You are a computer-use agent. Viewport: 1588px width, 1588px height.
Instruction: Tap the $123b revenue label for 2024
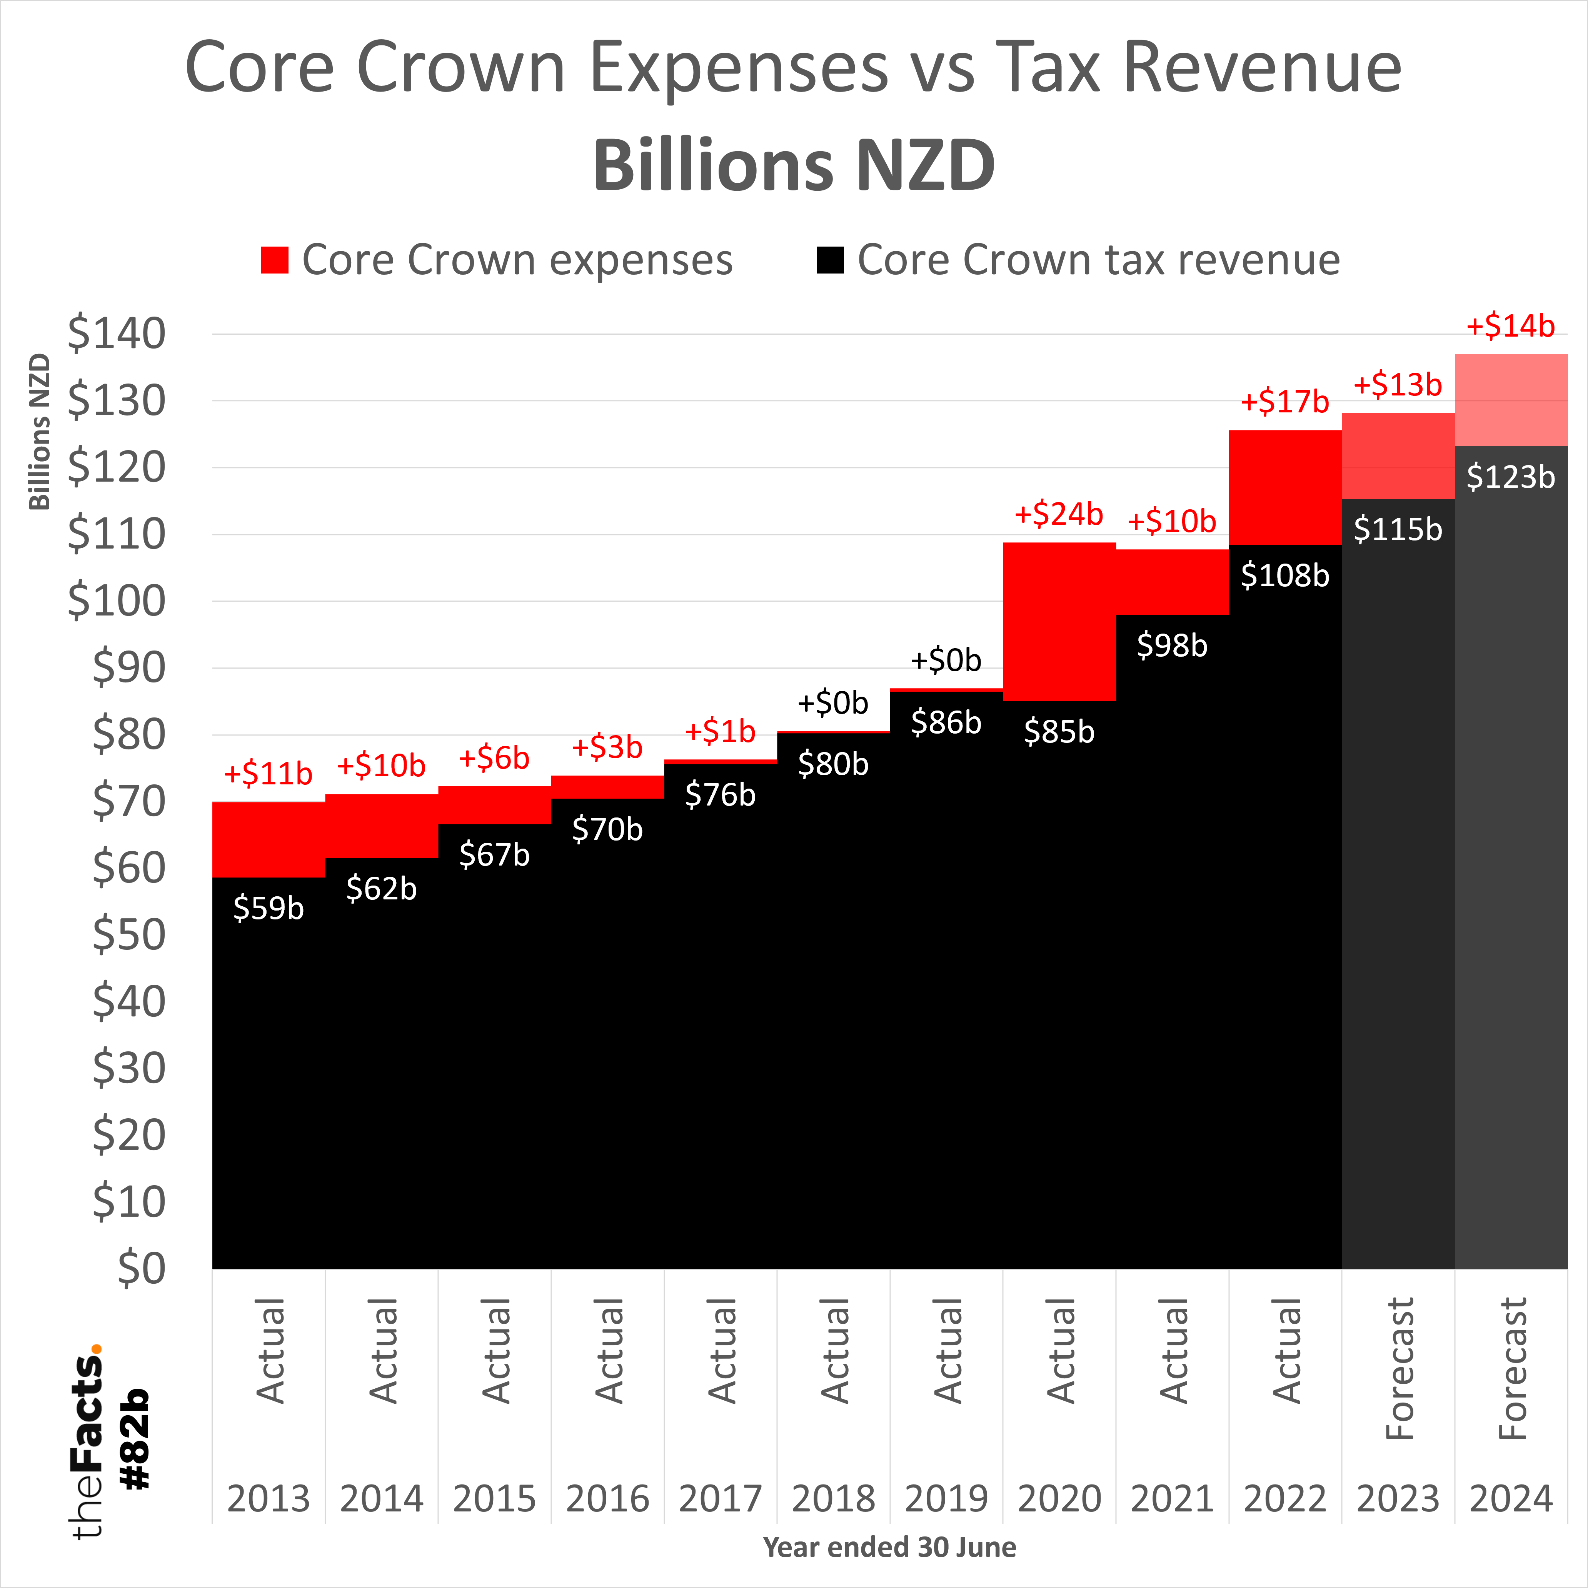pos(1511,477)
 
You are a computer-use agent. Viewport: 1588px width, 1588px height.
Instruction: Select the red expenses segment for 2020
pos(1059,621)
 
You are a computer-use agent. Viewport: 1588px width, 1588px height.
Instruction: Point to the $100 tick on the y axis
pos(116,601)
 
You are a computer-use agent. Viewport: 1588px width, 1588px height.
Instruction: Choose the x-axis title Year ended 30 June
pos(889,1547)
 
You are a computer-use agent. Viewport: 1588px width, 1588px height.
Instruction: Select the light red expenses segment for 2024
pos(1511,400)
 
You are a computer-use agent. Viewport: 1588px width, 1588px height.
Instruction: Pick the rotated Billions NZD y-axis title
pos(40,432)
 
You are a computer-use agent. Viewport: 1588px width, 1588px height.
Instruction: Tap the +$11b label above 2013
pos(268,774)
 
